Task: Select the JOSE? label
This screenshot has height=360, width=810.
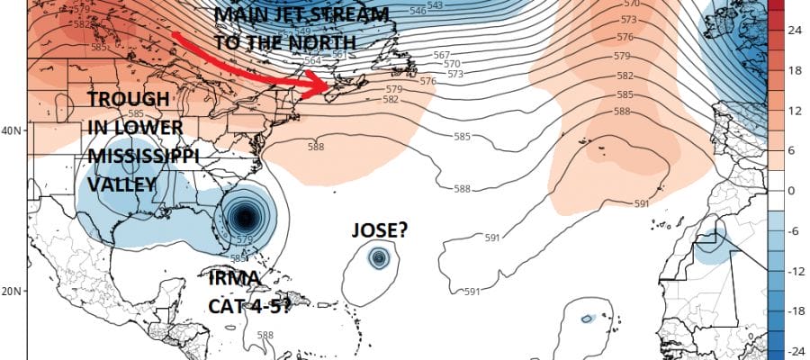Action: (380, 231)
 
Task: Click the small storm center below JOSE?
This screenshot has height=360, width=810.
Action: (379, 258)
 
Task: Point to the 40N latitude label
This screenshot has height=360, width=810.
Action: (10, 130)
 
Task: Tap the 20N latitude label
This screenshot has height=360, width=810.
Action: (10, 291)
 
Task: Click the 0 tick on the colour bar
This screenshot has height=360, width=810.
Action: (794, 190)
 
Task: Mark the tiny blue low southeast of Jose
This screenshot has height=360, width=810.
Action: (587, 318)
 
